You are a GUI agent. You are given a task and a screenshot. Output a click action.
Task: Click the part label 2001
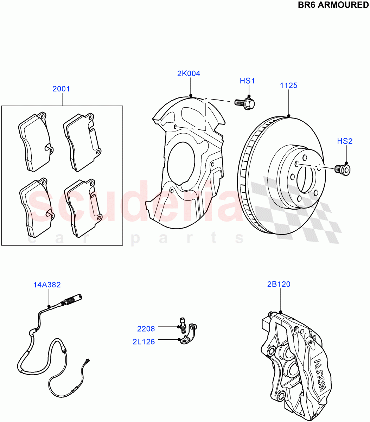point(61,89)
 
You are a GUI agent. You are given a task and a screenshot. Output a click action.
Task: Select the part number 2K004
point(189,73)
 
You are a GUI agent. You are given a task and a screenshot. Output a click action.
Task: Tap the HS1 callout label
point(247,81)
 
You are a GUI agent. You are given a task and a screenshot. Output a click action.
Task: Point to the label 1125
point(288,85)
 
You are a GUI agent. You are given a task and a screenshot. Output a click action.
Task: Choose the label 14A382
point(47,285)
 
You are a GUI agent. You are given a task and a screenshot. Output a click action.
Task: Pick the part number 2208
point(146,329)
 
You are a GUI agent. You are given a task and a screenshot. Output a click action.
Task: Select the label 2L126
point(143,341)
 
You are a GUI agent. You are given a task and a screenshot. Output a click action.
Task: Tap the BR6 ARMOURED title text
point(333,5)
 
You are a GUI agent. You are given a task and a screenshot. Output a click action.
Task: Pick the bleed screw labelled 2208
point(182,325)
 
